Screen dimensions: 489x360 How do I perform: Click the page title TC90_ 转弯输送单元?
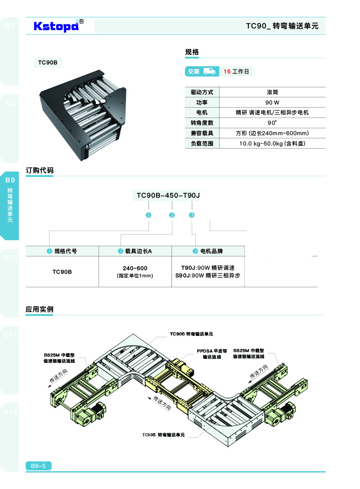[282, 26]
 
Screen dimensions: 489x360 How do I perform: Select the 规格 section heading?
[192, 52]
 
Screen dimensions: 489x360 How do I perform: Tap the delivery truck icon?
[209, 71]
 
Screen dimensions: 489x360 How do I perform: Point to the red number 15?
[227, 72]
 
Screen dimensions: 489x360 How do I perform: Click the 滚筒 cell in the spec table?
[272, 92]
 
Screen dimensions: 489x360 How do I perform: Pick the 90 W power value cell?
[272, 103]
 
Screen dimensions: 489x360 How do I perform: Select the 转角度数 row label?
[202, 123]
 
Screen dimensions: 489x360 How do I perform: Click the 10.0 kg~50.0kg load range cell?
[272, 144]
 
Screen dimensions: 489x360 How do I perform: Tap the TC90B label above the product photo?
[47, 63]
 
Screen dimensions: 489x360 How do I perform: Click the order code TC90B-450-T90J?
[168, 195]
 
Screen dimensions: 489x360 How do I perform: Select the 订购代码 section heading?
[40, 171]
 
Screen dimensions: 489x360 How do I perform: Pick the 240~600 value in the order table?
[135, 268]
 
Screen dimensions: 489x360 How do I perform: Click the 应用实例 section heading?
[40, 309]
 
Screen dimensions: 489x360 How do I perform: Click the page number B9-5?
[39, 466]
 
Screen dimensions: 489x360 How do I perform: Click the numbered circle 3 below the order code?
[192, 215]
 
